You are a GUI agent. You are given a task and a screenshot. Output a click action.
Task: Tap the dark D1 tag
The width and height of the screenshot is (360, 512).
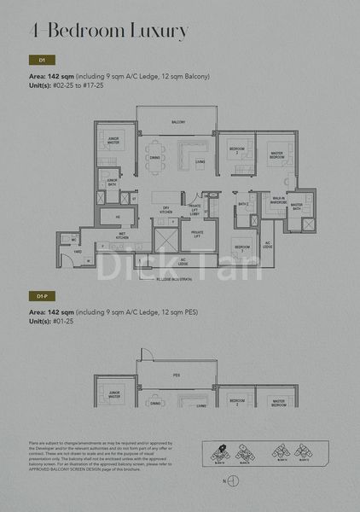tap(42, 61)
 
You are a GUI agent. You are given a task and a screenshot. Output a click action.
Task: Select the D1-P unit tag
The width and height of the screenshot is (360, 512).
tap(42, 295)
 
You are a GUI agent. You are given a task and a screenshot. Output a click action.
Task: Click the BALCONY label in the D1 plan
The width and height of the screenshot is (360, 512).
tap(178, 122)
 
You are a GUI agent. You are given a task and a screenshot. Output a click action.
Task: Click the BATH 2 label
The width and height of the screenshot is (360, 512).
tap(243, 205)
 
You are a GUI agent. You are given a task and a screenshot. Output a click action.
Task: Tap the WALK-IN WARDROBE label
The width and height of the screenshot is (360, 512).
tap(278, 201)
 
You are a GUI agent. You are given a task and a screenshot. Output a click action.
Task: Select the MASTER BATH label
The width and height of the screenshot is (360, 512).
tap(297, 206)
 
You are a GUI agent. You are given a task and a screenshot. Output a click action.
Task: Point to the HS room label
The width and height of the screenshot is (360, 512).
tap(118, 217)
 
